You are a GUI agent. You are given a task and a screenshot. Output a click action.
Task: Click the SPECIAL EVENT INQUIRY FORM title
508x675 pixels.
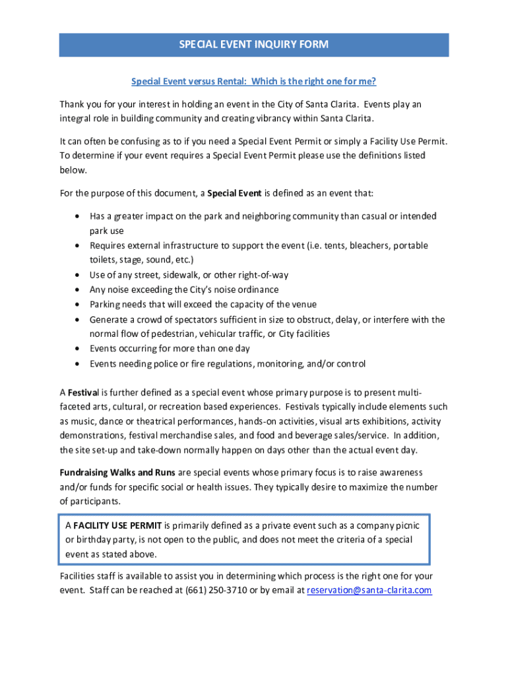click(254, 45)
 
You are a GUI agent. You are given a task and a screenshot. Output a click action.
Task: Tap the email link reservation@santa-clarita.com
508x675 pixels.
click(369, 590)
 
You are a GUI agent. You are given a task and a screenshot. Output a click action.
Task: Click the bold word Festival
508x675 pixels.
click(83, 392)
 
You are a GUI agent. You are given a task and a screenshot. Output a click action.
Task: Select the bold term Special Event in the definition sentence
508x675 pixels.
click(234, 193)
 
